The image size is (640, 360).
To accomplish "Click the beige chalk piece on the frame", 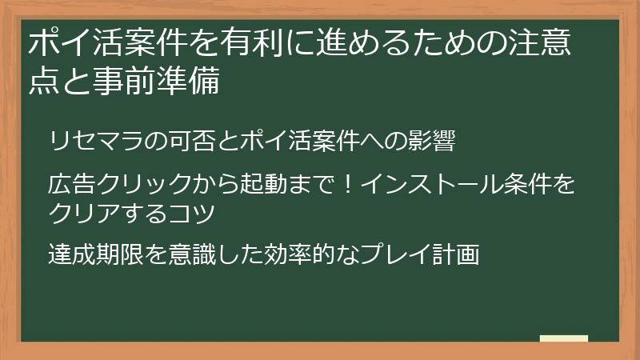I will pos(563,338).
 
